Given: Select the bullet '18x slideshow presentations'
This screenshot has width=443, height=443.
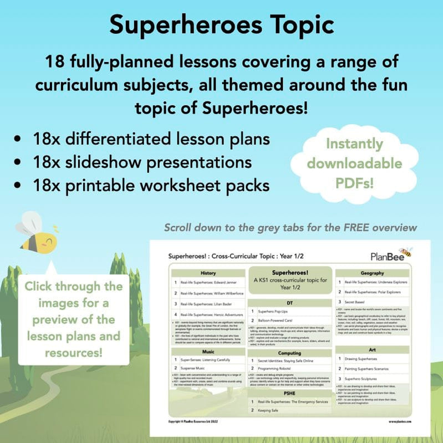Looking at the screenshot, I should coord(148,162).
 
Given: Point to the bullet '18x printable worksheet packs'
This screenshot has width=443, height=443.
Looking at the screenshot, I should coord(159,185).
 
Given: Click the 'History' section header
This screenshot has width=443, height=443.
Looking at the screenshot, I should coord(208,273).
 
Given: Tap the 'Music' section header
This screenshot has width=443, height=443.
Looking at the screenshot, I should coord(208,352).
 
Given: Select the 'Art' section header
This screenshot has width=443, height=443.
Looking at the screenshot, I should coord(372,349).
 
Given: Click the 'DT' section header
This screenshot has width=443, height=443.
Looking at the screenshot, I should coord(290,303).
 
